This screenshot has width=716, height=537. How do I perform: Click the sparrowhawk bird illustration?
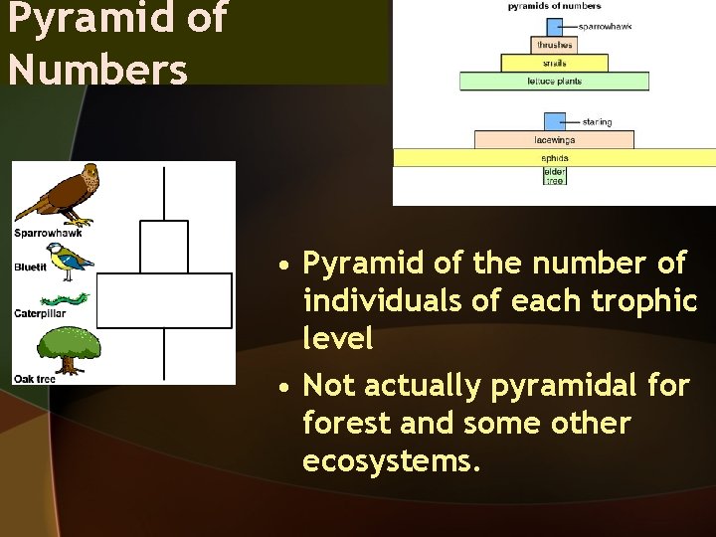[x=60, y=195]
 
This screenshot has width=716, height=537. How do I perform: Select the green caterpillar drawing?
[x=65, y=298]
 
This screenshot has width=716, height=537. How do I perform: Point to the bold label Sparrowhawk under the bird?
[x=48, y=234]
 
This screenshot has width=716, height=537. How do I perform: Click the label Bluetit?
[x=30, y=267]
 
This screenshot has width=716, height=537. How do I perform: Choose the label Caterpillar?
[x=40, y=313]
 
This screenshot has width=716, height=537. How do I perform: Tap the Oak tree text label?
[x=35, y=379]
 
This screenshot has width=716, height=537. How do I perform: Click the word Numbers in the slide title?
[x=97, y=69]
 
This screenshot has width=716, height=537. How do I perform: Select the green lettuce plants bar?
[x=554, y=82]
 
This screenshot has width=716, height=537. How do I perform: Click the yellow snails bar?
[x=554, y=63]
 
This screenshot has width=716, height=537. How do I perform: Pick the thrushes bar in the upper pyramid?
[x=554, y=45]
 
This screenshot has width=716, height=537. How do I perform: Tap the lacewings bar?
[x=554, y=140]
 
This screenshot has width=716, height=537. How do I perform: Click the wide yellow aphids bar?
[x=554, y=157]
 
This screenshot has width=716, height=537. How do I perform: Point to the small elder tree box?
[x=554, y=176]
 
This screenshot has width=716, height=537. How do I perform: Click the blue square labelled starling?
[x=554, y=122]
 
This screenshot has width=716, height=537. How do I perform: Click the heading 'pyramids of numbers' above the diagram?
[x=554, y=7]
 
